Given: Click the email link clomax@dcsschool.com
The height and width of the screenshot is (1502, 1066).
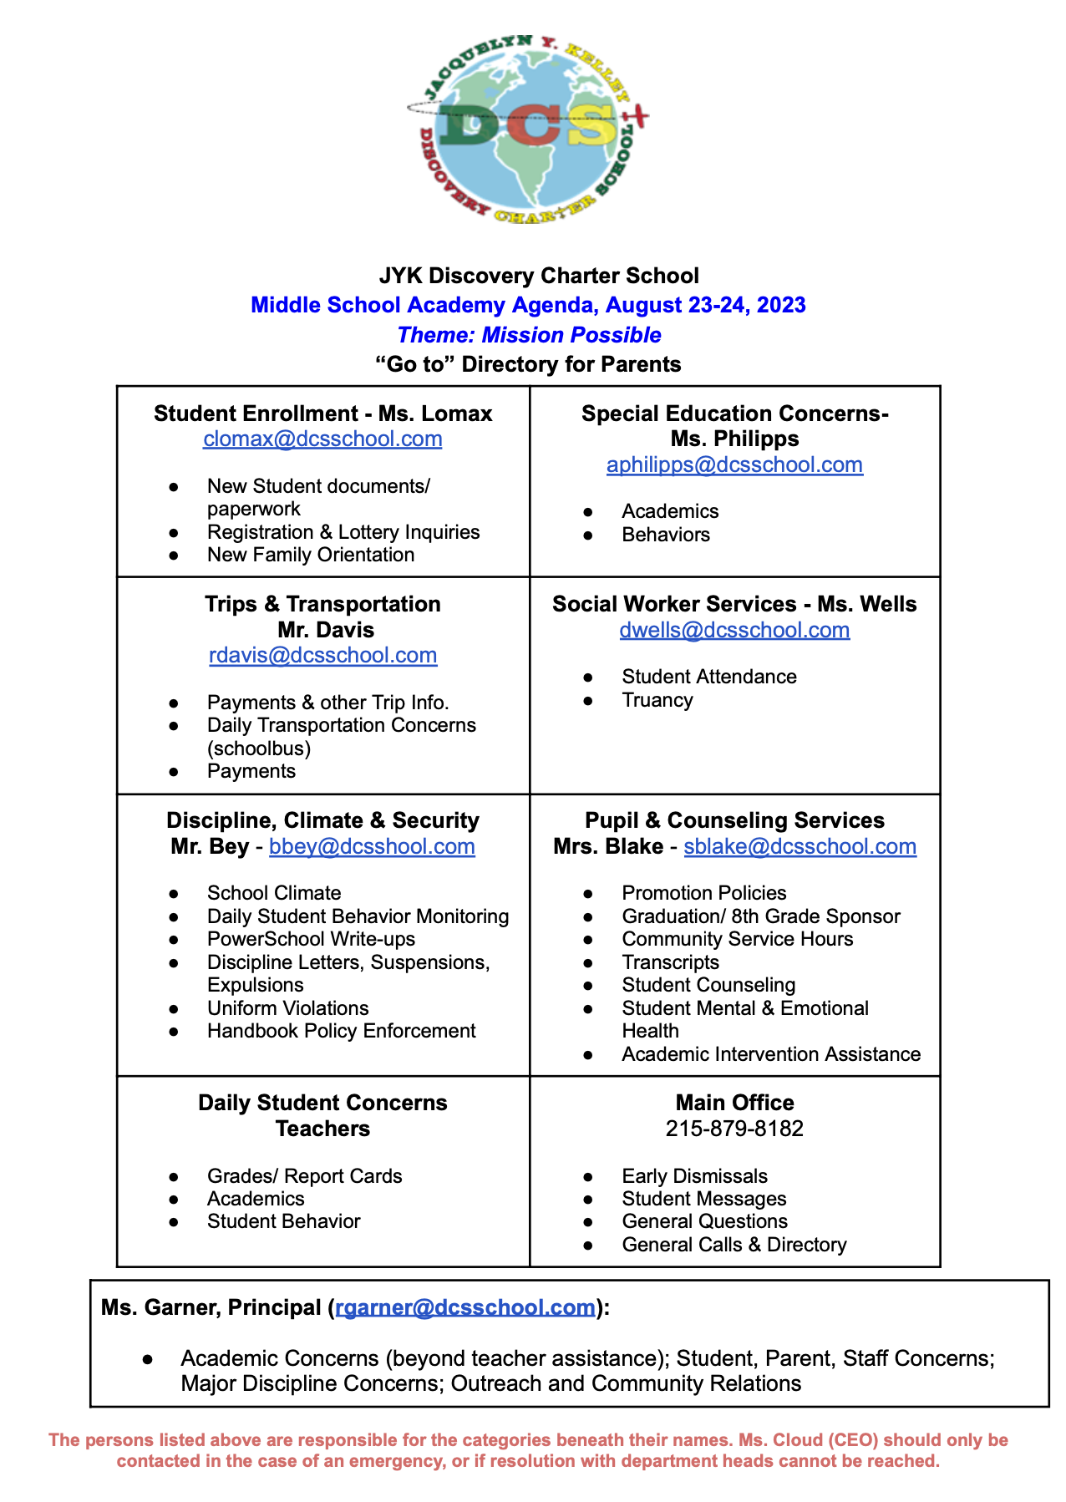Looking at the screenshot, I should [322, 439].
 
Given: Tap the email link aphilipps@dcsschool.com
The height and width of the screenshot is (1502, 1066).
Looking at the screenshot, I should [734, 464].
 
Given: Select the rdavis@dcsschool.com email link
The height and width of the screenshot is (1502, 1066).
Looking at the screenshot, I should [322, 655].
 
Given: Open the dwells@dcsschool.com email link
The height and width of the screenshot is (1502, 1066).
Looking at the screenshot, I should [734, 630].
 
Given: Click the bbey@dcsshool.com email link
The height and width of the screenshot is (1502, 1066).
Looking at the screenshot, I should [372, 846].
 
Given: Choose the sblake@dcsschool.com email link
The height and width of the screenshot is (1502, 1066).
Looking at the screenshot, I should [799, 846].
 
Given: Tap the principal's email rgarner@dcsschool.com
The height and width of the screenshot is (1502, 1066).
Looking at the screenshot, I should [465, 1307].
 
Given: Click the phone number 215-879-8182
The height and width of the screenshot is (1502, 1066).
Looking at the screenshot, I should [734, 1129].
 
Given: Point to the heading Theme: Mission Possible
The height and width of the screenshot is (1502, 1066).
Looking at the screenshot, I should [529, 335].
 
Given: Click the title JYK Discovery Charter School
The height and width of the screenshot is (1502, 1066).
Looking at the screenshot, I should [539, 276].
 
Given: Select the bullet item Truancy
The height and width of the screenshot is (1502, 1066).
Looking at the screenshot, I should [657, 700].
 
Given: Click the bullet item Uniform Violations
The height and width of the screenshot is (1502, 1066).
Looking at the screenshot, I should [287, 1008].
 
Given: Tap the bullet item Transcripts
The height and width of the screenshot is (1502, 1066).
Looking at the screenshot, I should [670, 962].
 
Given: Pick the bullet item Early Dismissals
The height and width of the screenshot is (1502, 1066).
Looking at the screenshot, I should [694, 1176].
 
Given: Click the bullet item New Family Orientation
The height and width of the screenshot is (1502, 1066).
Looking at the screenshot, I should [310, 555].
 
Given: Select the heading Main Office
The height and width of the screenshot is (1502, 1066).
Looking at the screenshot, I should [734, 1103].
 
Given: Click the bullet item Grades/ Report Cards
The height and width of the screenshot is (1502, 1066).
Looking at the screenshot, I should [304, 1176].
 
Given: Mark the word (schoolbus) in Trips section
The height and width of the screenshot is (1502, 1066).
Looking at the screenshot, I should [259, 748].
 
